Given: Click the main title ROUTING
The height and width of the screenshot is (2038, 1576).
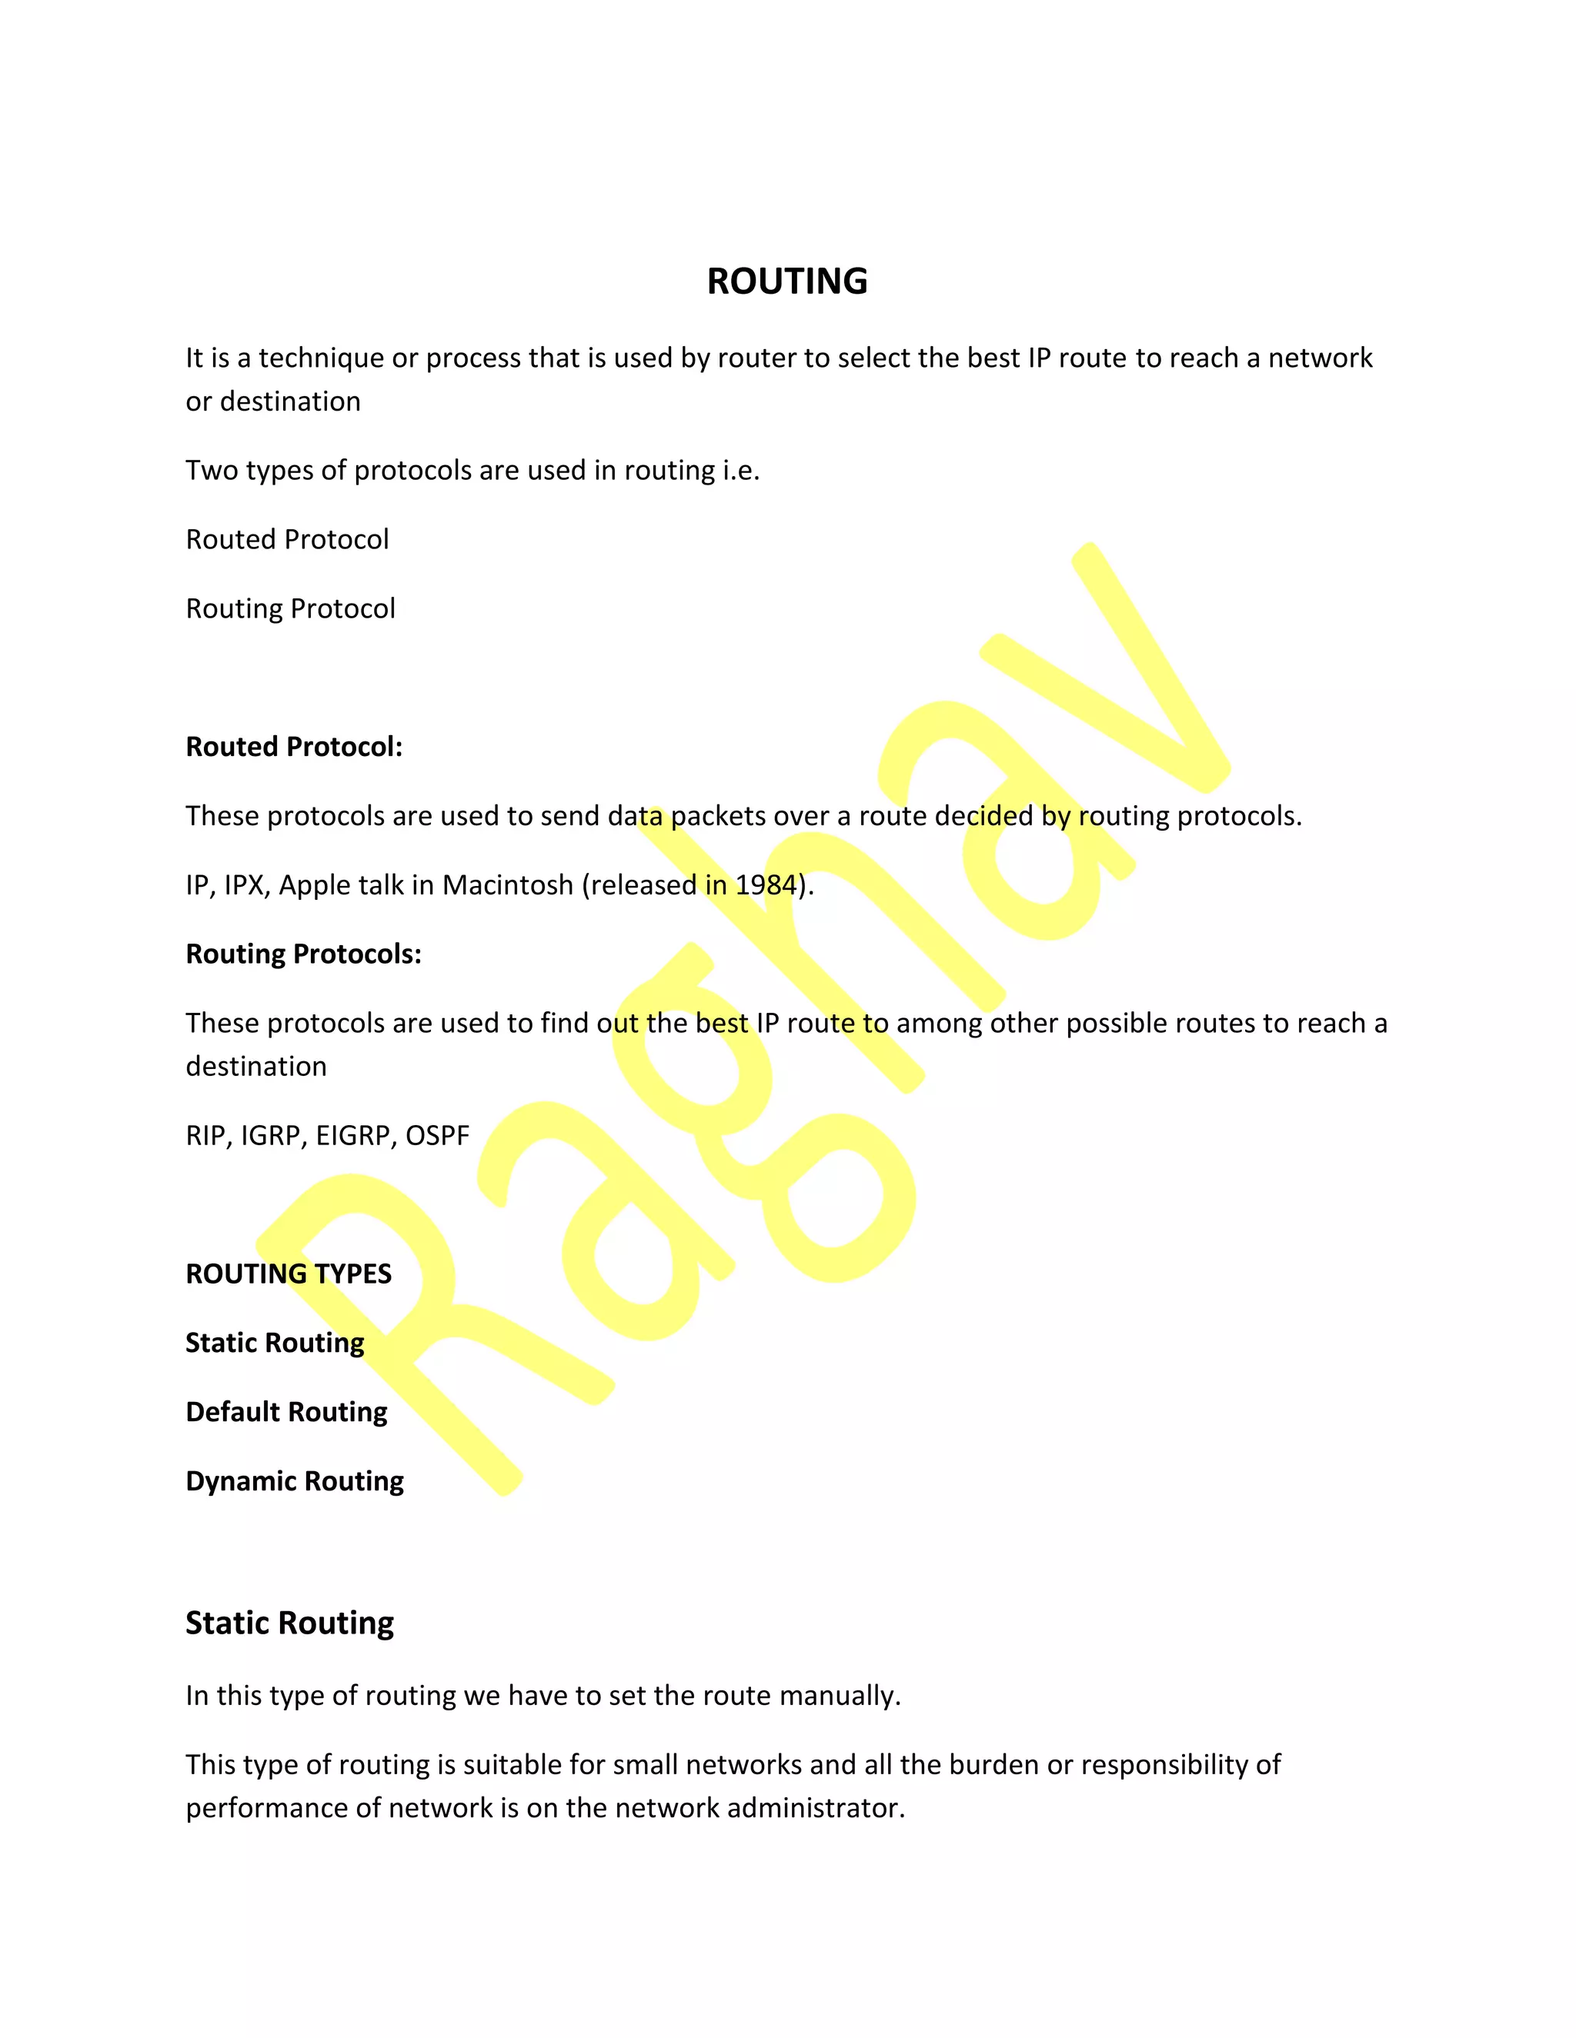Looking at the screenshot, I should (x=787, y=281).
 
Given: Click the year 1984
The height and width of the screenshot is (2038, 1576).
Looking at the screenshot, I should (x=766, y=884).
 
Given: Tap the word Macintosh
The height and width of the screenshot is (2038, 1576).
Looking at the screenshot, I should (x=507, y=884).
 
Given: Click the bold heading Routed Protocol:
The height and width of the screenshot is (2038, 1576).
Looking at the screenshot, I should (x=294, y=747).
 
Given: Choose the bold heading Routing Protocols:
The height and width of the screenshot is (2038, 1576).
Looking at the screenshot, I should (x=303, y=954).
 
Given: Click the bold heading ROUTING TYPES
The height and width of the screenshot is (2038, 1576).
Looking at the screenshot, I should (x=289, y=1274).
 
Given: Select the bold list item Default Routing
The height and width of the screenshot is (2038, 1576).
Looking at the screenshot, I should (x=286, y=1412).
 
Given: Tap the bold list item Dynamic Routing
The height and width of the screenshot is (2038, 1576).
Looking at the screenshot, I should (x=295, y=1481).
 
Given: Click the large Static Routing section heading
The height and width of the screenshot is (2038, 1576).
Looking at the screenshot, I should (x=289, y=1623).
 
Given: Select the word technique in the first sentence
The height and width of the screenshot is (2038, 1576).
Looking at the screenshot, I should (x=320, y=358).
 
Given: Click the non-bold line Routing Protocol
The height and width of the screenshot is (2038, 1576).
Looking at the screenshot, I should (x=290, y=608).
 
